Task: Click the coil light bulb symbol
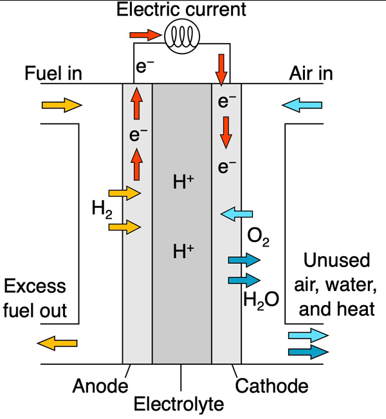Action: coord(182,36)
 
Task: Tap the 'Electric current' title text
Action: coord(181,10)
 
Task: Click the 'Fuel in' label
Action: coord(53,73)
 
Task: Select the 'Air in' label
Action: coord(311,73)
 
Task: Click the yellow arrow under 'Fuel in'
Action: coord(62,105)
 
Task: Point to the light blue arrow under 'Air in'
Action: coord(302,105)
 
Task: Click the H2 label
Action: coord(102,210)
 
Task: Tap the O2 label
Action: coord(259,237)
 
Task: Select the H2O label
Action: coord(261,301)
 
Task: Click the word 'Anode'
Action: coord(100,386)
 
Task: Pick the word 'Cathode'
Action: coord(271,386)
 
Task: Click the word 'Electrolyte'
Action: coord(179,404)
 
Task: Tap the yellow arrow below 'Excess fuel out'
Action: coord(57,343)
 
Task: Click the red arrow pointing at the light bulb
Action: coord(145,35)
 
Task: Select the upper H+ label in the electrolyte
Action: coord(183,182)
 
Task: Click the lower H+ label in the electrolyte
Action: coord(183,251)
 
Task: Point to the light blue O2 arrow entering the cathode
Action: coord(236,214)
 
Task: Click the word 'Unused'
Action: coord(336,260)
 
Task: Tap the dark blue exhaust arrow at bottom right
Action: coord(309,351)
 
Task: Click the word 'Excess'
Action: coord(35,286)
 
